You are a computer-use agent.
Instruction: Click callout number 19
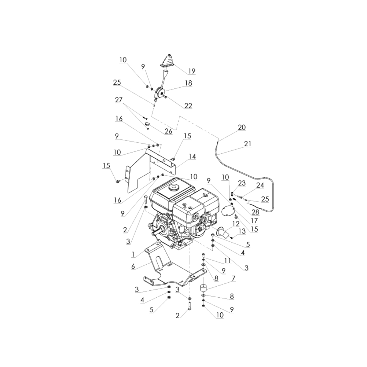point(192,71)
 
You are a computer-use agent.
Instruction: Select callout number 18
point(188,83)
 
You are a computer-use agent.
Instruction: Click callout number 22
point(188,106)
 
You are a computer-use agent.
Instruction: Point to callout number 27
point(119,100)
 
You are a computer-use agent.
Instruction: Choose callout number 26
point(168,131)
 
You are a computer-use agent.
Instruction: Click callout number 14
point(192,156)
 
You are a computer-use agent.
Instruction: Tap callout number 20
point(242,127)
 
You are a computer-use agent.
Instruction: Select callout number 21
point(248,143)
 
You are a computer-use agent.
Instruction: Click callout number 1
point(133,254)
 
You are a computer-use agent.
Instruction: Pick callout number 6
point(133,266)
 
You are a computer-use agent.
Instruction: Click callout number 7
point(233,278)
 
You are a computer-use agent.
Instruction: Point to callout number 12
point(236,224)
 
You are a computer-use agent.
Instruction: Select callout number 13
point(242,232)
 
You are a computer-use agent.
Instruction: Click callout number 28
point(255,212)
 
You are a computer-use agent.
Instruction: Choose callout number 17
point(254,221)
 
